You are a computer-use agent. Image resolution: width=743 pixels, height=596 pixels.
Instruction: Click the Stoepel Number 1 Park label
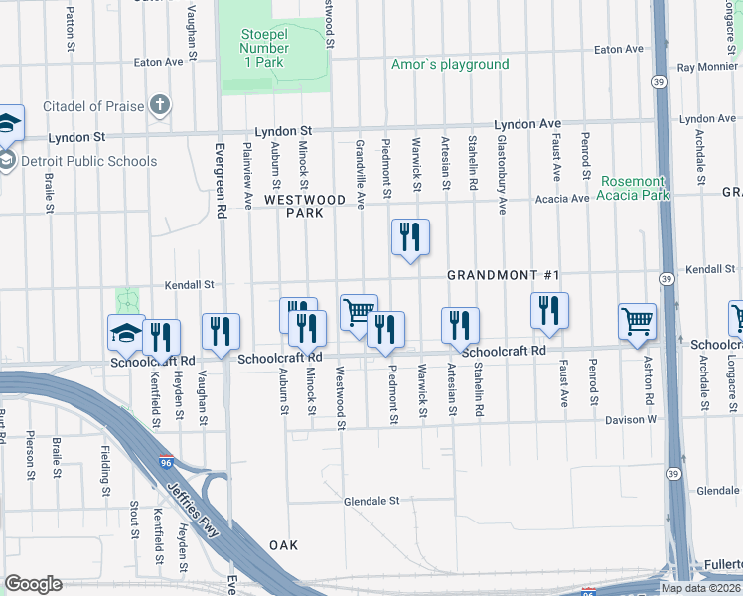[262, 48]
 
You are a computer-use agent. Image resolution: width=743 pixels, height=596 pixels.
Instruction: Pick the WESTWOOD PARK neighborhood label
[305, 206]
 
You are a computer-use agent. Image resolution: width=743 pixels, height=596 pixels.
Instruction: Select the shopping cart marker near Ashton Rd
[637, 322]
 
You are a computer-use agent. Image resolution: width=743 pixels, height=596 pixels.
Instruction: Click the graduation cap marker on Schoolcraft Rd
[127, 333]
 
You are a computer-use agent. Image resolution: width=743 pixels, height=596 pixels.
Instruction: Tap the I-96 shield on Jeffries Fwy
[168, 462]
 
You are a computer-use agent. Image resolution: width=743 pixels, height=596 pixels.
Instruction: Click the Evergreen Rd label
[221, 177]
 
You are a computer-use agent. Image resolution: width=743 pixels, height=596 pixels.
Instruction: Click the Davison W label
[631, 420]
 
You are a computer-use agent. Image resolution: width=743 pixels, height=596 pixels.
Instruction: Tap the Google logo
[33, 584]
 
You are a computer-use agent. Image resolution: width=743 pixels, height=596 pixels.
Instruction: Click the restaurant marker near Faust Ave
[548, 311]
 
